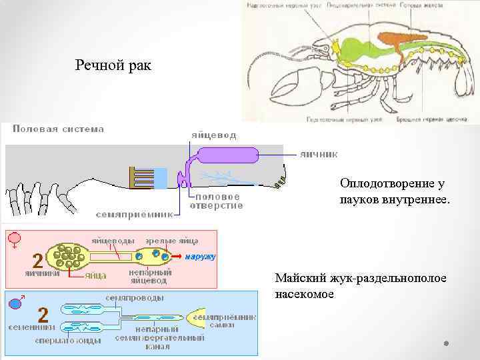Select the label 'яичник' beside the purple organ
tap(317, 153)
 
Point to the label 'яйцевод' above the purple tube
tap(213, 135)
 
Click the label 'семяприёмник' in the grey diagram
tap(134, 215)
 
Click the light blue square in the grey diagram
tap(161, 178)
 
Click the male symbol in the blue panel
tap(15, 303)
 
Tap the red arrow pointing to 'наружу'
tap(177, 256)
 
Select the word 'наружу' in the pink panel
tap(200, 256)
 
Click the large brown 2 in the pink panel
tap(38, 259)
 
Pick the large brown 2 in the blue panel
tap(43, 314)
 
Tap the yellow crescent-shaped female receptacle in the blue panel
tap(199, 318)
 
